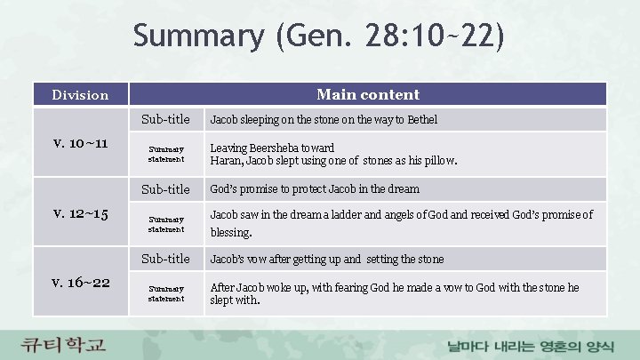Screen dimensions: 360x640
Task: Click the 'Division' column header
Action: pos(80,94)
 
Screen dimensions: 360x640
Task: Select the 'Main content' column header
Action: pos(367,94)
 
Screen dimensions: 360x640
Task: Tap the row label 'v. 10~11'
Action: pos(80,143)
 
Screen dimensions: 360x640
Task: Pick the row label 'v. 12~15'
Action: pos(80,212)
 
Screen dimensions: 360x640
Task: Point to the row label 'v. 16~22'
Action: pos(80,282)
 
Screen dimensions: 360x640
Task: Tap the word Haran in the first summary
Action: pos(226,161)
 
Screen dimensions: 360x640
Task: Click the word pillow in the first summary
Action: pos(438,161)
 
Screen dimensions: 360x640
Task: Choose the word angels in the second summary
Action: pos(408,214)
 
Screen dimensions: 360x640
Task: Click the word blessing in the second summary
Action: pos(230,233)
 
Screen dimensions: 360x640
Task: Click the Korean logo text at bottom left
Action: pos(65,343)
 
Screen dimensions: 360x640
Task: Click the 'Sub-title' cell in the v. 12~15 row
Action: pos(166,189)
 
